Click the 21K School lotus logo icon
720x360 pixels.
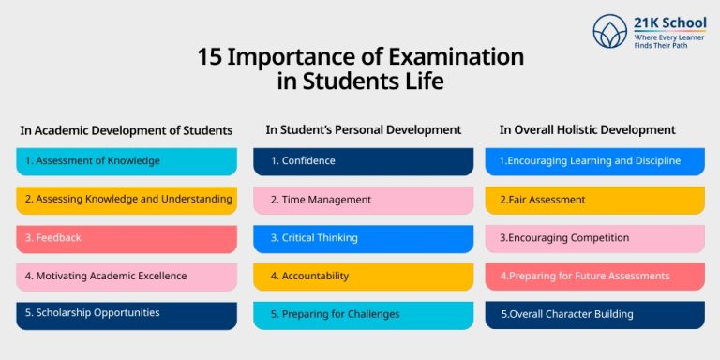pos(609,31)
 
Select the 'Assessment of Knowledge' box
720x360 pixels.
pos(127,161)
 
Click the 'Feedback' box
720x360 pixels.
pos(127,238)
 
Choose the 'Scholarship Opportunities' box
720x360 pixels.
pos(127,314)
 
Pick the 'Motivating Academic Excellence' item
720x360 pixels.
pos(127,277)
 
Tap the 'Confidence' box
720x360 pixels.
pos(363,161)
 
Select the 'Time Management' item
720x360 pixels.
pos(363,200)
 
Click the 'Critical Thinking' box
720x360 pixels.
pos(363,238)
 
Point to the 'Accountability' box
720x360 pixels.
pos(363,277)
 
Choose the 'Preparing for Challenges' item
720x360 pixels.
pos(363,314)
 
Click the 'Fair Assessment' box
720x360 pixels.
pos(594,200)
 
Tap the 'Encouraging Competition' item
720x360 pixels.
pos(594,238)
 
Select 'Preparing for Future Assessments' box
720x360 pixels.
pos(594,277)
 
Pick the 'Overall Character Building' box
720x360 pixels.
pos(594,314)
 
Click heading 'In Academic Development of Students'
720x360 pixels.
pos(127,130)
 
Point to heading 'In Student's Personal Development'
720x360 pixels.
pos(364,130)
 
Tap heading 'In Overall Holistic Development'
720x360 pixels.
pos(587,130)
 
